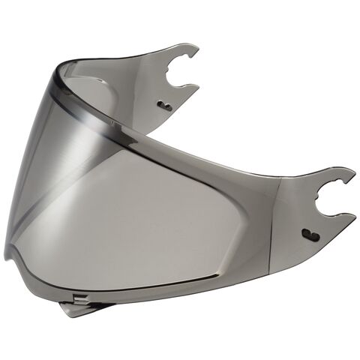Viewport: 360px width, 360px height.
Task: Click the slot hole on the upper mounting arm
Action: pyautogui.click(x=165, y=106)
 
